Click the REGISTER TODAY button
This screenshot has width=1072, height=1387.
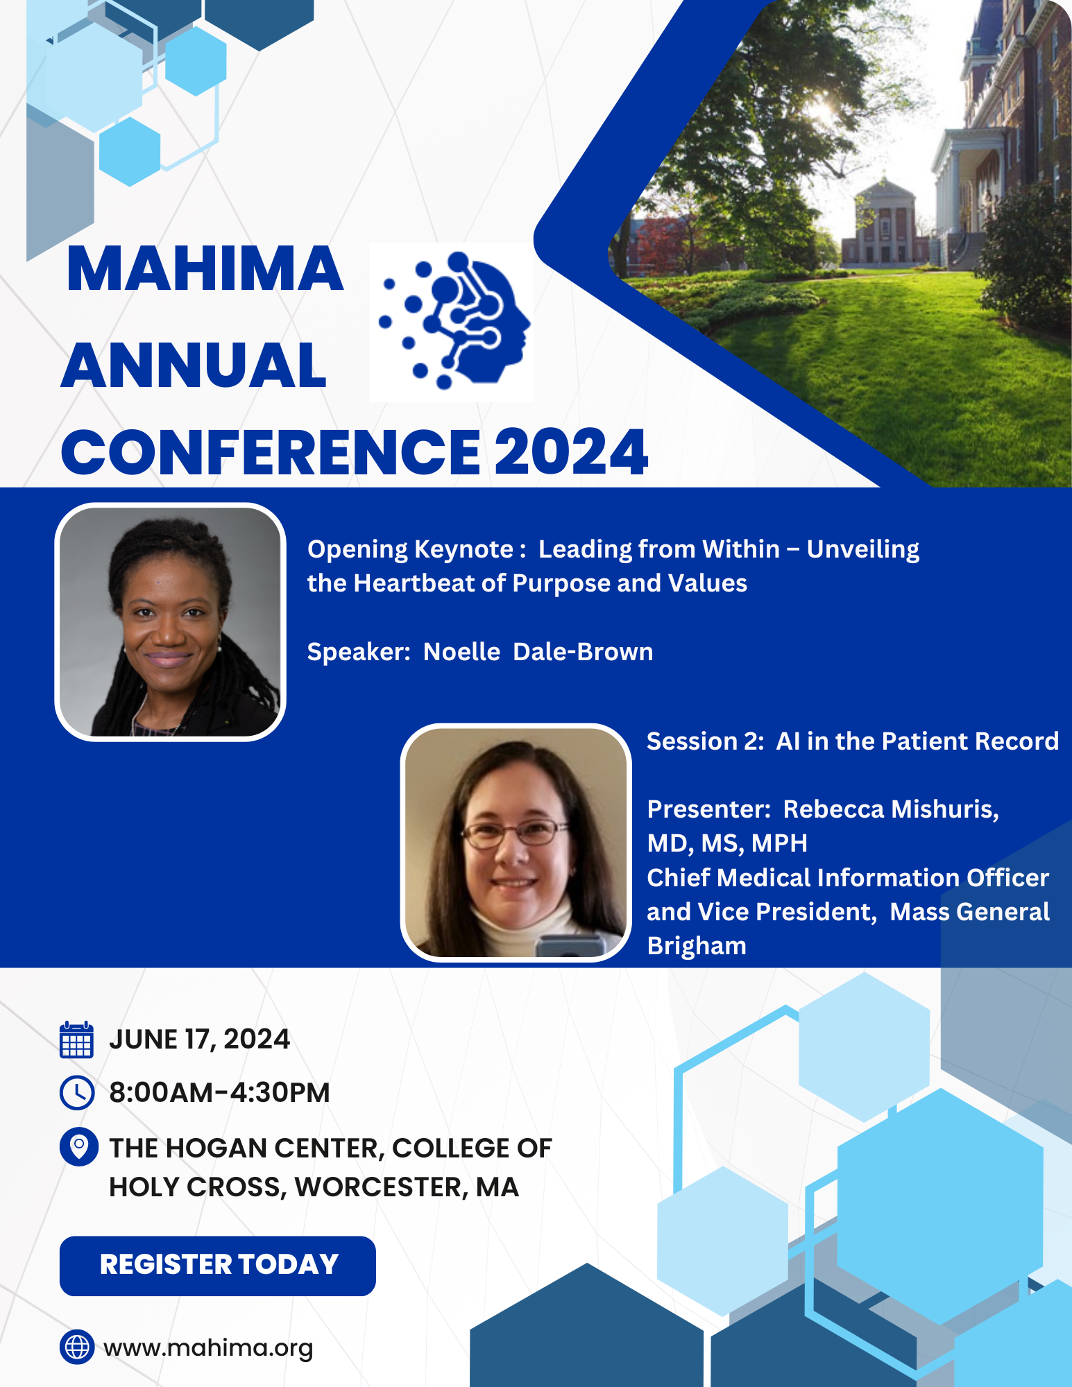(x=217, y=1266)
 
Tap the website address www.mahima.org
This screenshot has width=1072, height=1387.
(x=208, y=1347)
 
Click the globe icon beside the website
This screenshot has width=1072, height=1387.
(x=77, y=1347)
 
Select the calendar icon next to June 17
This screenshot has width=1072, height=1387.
(x=77, y=1039)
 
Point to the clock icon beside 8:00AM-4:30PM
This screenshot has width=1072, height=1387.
(x=77, y=1093)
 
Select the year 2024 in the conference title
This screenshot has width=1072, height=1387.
(x=571, y=452)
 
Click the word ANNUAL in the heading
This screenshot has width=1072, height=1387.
(x=194, y=365)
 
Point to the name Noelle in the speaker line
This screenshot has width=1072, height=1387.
(x=461, y=652)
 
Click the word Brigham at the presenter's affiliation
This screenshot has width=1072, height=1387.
(x=697, y=947)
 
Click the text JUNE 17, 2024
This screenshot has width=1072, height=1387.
(x=200, y=1040)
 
